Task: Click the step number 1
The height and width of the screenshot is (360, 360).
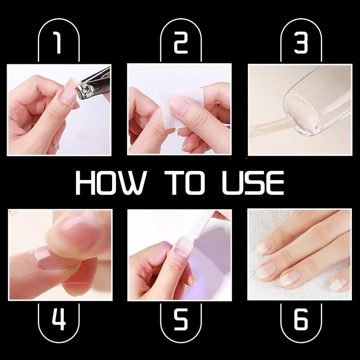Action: pyautogui.click(x=58, y=43)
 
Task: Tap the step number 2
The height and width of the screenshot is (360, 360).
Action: pyautogui.click(x=181, y=43)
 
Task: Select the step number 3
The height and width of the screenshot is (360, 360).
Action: pyautogui.click(x=301, y=43)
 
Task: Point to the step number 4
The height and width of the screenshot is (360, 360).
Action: pyautogui.click(x=59, y=319)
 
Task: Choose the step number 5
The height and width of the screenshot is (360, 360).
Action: pyautogui.click(x=181, y=319)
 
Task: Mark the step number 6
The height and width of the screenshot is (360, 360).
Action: pyautogui.click(x=301, y=319)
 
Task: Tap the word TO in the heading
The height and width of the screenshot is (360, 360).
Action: pyautogui.click(x=185, y=183)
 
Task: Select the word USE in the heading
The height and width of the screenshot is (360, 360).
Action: pyautogui.click(x=253, y=183)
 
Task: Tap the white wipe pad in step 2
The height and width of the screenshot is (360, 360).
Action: pyautogui.click(x=181, y=108)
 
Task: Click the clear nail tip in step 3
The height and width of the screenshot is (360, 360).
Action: pyautogui.click(x=317, y=101)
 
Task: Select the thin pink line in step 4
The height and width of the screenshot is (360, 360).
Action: pyautogui.click(x=76, y=284)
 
